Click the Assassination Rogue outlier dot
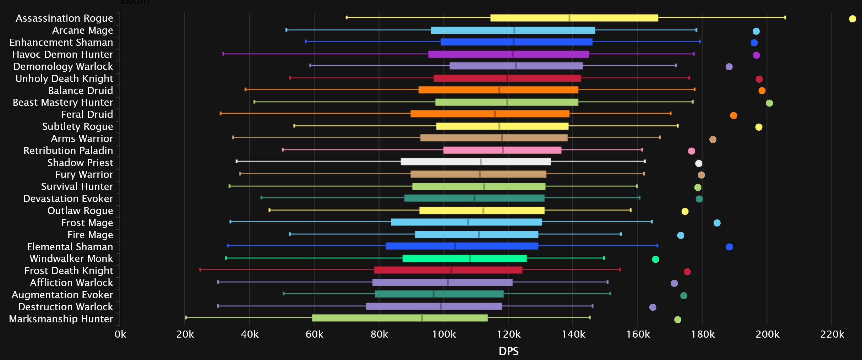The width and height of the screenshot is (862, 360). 852,19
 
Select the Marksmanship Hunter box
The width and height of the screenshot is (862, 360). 400,318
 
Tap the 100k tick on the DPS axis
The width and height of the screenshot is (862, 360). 444,334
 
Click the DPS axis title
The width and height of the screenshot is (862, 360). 508,351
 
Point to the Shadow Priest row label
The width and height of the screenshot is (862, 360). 80,163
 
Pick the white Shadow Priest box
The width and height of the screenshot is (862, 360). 476,162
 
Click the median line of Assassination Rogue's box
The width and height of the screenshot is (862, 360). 569,18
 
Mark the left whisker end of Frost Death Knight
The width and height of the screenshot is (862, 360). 200,270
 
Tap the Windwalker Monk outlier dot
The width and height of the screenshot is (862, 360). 655,259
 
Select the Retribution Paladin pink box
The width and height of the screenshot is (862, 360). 502,150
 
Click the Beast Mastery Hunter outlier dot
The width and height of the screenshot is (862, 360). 769,103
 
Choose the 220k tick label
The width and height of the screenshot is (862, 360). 832,334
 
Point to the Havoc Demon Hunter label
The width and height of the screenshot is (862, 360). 62,54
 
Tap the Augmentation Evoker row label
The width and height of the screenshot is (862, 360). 62,295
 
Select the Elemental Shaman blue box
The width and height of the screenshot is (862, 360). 462,246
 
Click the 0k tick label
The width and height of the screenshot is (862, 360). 120,334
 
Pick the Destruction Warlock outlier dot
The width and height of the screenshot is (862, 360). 653,307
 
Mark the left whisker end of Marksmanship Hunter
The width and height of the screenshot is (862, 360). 186,317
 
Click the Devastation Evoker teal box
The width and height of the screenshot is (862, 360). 474,198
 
